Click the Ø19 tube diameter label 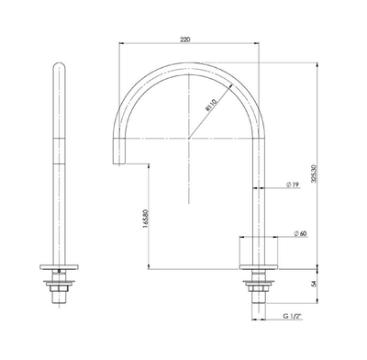click(x=291, y=186)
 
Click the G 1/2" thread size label click(x=294, y=317)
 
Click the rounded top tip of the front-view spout click(x=61, y=65)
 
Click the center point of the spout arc click(x=190, y=138)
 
